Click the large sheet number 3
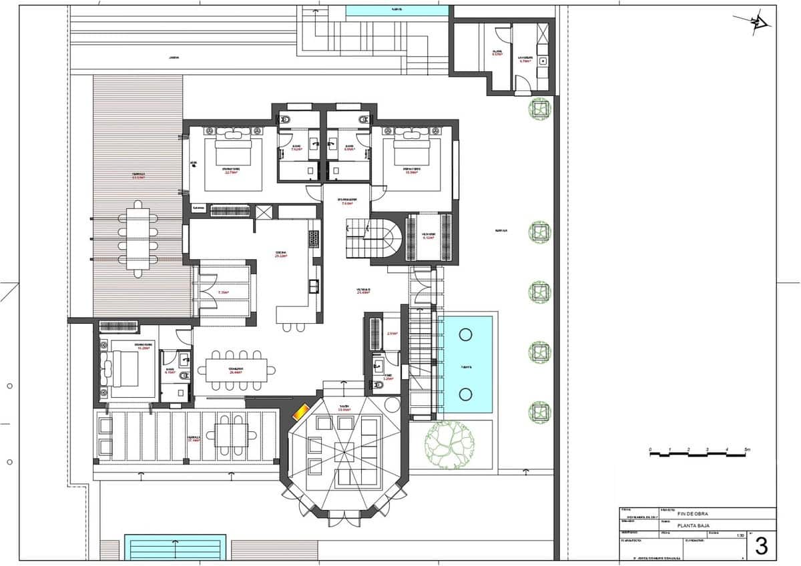761,546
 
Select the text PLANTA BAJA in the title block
693,526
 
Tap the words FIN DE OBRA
692,513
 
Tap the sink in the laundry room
543,61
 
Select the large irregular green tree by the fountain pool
451,443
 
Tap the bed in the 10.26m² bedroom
122,368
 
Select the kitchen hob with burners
313,238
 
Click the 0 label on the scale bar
650,450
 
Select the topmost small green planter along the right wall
539,107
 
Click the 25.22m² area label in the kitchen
282,256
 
